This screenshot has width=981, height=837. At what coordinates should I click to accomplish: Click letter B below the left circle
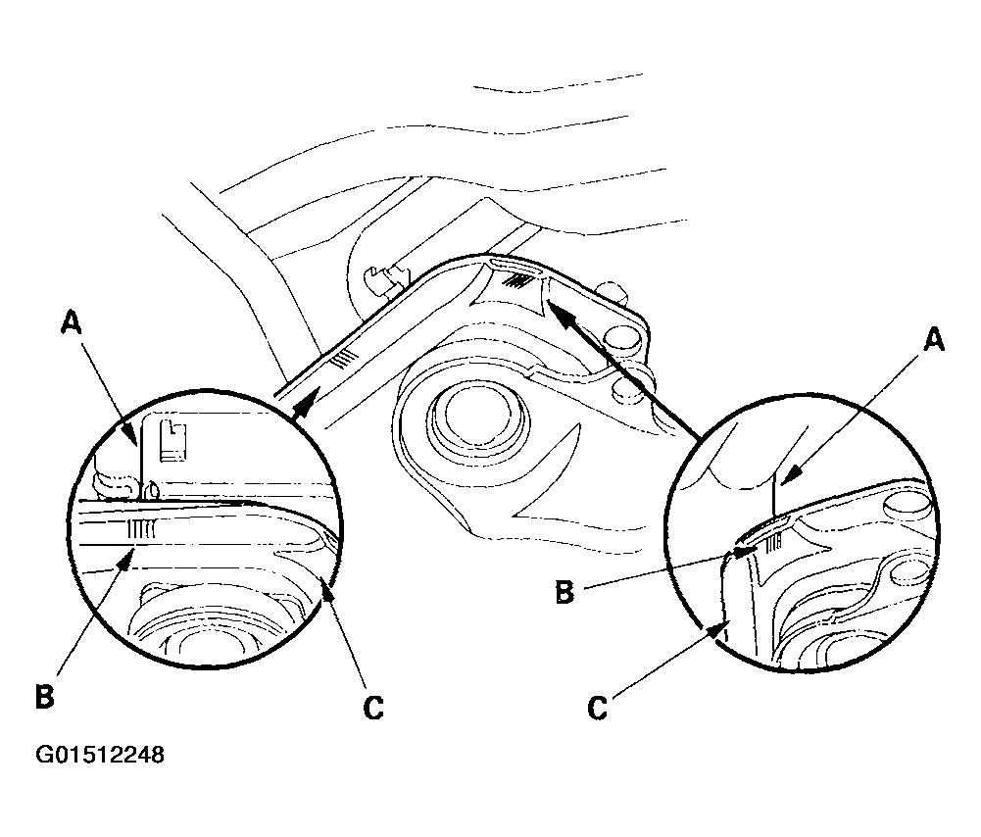pos(45,696)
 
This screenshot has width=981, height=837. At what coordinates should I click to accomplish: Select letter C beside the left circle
pos(372,709)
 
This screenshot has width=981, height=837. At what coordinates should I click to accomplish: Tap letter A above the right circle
pos(933,340)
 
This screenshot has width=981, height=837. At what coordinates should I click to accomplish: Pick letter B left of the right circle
pos(564,592)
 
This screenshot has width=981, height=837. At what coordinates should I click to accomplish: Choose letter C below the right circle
pos(598,709)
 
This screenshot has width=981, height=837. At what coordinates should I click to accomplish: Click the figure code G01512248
pos(100,755)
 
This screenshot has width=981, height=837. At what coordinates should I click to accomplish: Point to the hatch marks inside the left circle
pos(141,530)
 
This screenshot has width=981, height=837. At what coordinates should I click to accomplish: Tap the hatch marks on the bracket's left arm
pos(345,359)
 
